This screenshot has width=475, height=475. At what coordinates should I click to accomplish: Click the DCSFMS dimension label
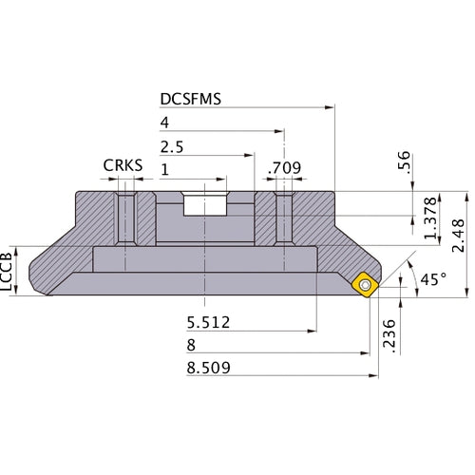(191, 98)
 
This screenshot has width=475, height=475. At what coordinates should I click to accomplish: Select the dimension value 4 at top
(165, 123)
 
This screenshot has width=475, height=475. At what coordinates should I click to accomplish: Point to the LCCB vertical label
(9, 270)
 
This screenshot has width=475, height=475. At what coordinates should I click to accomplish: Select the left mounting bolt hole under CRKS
(124, 218)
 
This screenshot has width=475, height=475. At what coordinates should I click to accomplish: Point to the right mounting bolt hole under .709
(282, 218)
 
